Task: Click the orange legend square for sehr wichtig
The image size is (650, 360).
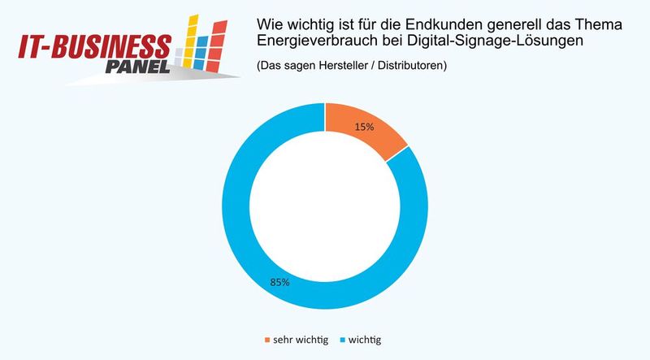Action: point(269,338)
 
